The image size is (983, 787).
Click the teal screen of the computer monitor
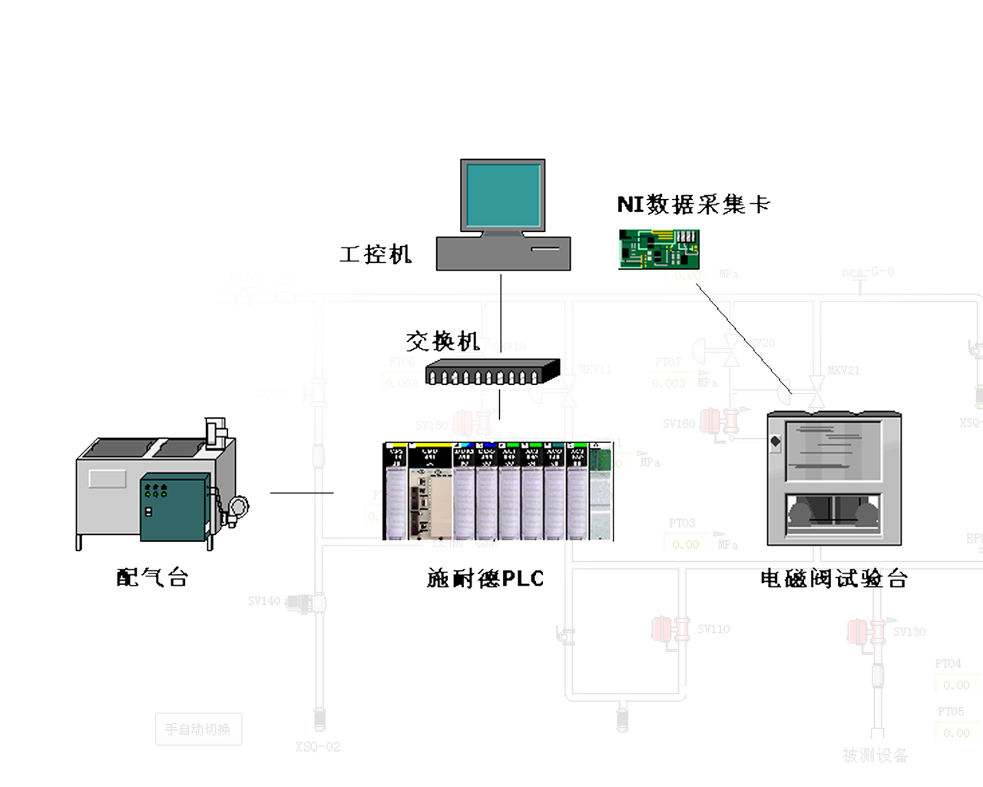pos(503,194)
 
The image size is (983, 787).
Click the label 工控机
pos(376,254)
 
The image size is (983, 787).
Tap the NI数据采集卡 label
pos(693,204)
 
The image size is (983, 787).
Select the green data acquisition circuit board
pos(659,249)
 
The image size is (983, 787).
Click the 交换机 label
pos(442,340)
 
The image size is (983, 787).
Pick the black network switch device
pos(492,372)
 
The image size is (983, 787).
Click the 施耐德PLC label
pos(485,579)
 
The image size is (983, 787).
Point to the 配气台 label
pos(152,577)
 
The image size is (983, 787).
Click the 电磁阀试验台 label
pos(834,579)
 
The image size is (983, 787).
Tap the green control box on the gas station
pos(174,507)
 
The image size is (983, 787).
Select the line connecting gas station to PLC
pos(302,493)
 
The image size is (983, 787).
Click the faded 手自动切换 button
pos(198,729)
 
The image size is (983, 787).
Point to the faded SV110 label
pos(713,629)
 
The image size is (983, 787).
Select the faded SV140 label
pos(264,601)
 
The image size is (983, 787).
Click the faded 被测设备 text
pos(875,755)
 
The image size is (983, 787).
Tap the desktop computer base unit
pos(503,254)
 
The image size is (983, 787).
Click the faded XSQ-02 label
pos(317,746)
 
